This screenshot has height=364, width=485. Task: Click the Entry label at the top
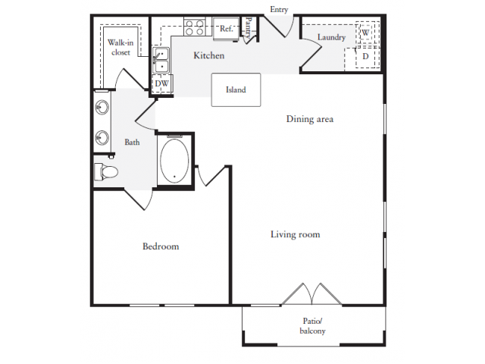(x=278, y=9)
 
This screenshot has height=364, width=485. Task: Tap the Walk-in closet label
(x=119, y=47)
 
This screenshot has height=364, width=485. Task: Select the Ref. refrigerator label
(x=226, y=29)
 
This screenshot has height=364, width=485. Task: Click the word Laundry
(x=331, y=37)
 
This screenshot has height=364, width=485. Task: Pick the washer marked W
(x=365, y=33)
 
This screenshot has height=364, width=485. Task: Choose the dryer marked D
(x=365, y=56)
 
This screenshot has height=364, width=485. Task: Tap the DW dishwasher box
(x=162, y=83)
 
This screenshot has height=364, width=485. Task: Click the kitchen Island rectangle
(x=236, y=89)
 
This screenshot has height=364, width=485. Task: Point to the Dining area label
(x=310, y=119)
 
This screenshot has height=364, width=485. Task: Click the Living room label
(x=295, y=234)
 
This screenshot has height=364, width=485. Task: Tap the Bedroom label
(x=161, y=246)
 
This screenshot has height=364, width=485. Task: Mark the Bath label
(x=133, y=142)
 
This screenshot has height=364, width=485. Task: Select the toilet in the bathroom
(x=106, y=171)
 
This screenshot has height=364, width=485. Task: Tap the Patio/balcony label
(x=312, y=326)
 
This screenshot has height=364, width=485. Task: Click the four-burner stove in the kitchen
(x=194, y=28)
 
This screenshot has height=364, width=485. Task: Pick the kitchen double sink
(x=161, y=60)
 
